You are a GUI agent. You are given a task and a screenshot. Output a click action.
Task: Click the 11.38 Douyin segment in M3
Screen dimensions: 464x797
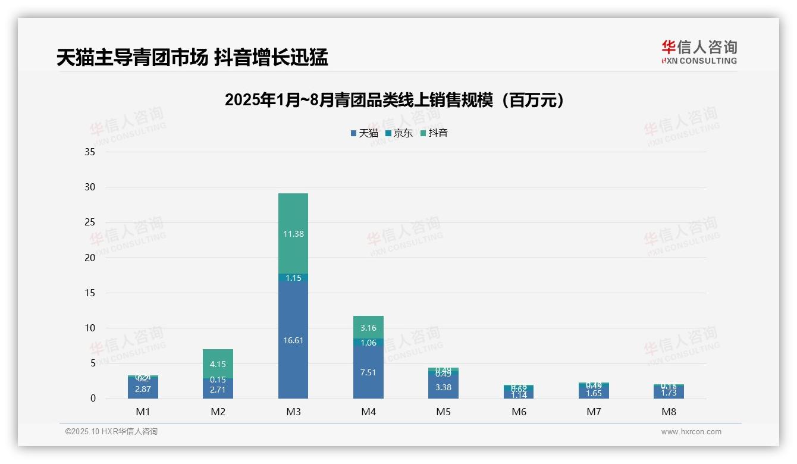[x=293, y=233]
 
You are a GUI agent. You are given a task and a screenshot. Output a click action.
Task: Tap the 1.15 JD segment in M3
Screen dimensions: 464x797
[x=293, y=278]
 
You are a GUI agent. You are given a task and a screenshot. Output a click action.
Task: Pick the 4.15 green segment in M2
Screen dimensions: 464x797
[x=218, y=363]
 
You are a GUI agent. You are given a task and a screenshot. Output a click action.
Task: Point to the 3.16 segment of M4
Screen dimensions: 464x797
[x=368, y=327]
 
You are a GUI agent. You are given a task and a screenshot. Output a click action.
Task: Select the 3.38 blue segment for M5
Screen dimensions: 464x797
[x=443, y=387]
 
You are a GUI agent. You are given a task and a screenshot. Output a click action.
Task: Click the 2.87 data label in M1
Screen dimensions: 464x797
[x=143, y=389]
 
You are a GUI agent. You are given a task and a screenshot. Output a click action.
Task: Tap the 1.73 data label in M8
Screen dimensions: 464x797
[x=669, y=393]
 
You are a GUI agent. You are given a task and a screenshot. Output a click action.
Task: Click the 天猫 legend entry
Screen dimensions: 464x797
[x=364, y=133]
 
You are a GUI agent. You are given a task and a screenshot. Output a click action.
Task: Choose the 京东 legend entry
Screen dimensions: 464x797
[x=399, y=133]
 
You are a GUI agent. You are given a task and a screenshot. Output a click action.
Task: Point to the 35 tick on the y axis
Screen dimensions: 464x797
[x=90, y=152]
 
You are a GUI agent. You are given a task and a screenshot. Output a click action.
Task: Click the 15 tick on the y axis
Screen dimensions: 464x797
[x=90, y=293]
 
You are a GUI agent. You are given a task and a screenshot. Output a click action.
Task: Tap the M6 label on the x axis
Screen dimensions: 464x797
[x=519, y=412]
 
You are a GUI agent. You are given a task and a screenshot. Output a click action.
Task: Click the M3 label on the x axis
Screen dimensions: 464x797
[x=293, y=412]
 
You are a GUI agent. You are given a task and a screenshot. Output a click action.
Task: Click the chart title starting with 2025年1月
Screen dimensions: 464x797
[x=394, y=101]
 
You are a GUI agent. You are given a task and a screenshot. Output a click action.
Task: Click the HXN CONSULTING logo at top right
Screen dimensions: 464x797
[x=699, y=52]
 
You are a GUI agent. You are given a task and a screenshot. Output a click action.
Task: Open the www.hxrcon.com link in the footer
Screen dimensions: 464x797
[x=691, y=432]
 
